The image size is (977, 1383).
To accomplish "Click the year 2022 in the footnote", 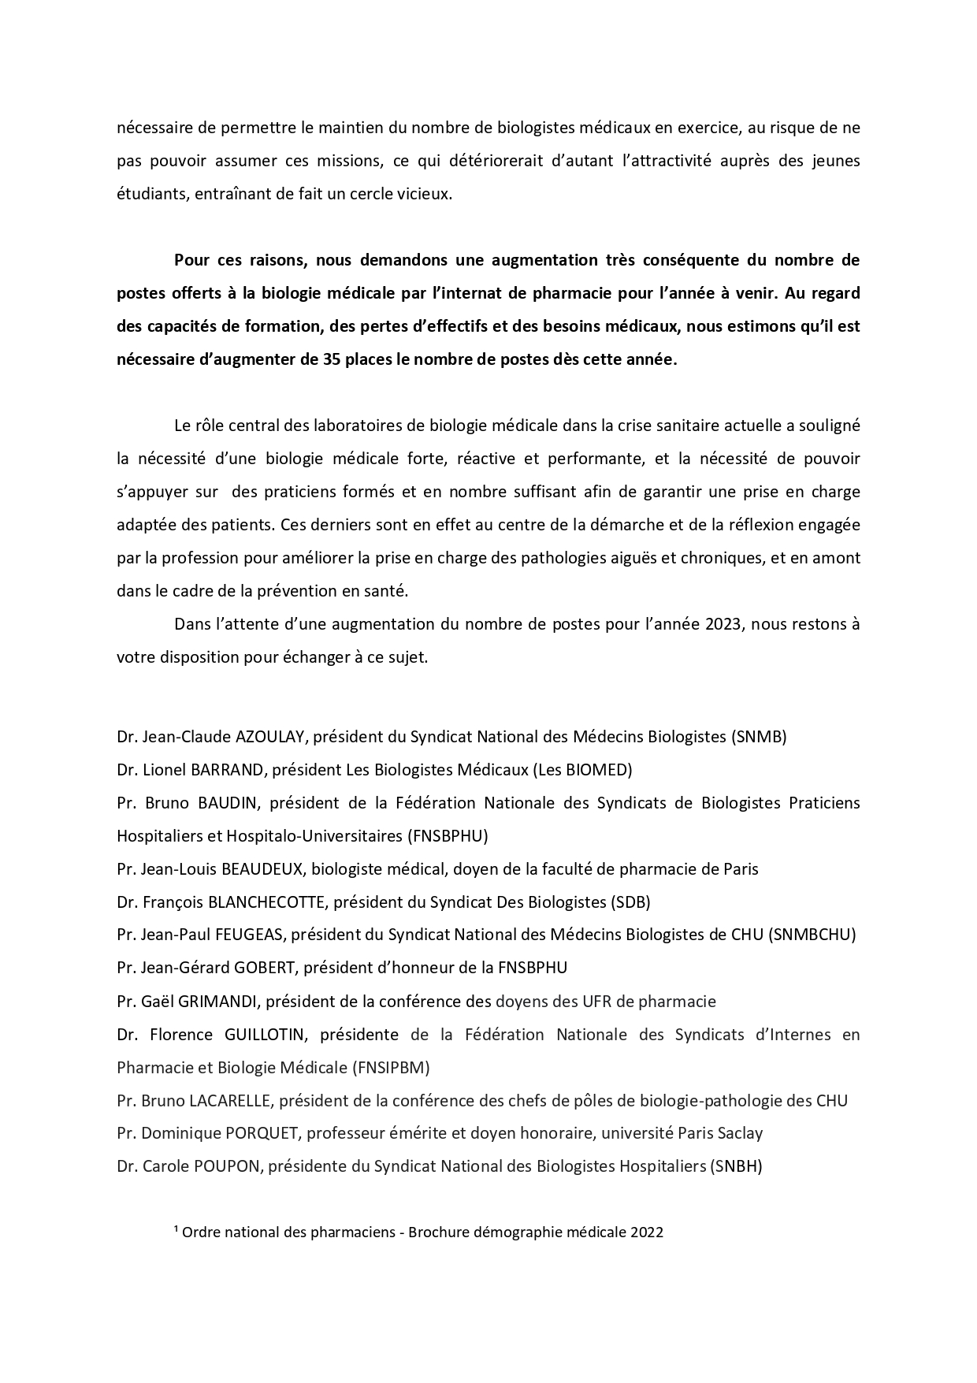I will coord(646,1232).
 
